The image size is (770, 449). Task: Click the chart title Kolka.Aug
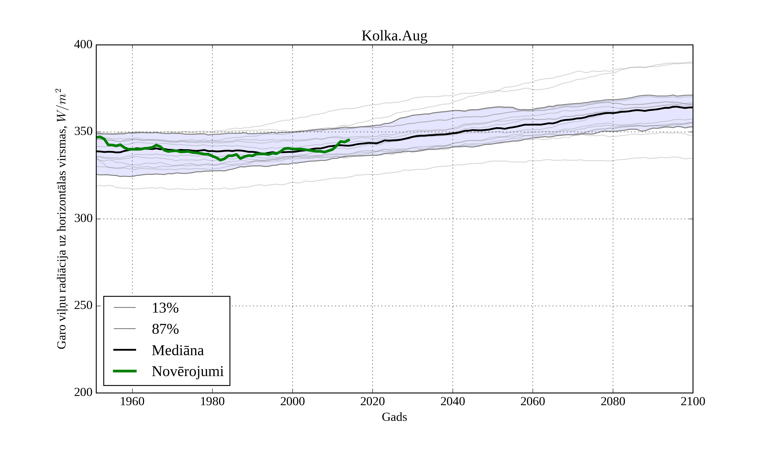[394, 36]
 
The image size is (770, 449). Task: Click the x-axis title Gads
[394, 417]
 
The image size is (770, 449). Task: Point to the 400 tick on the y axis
[83, 45]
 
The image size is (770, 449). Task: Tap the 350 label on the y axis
[83, 132]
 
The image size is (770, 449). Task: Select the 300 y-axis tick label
[83, 219]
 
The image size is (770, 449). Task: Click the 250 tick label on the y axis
[83, 306]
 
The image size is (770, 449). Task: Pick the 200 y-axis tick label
[83, 392]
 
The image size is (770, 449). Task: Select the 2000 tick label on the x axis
[292, 401]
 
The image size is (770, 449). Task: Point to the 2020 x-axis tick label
[372, 401]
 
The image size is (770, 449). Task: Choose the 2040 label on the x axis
[453, 401]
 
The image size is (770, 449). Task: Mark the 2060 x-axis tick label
[533, 401]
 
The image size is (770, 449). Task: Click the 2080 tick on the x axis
[613, 401]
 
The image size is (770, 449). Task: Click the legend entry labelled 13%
[165, 308]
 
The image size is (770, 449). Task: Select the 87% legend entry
[165, 329]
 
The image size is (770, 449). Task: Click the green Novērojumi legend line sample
[125, 371]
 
